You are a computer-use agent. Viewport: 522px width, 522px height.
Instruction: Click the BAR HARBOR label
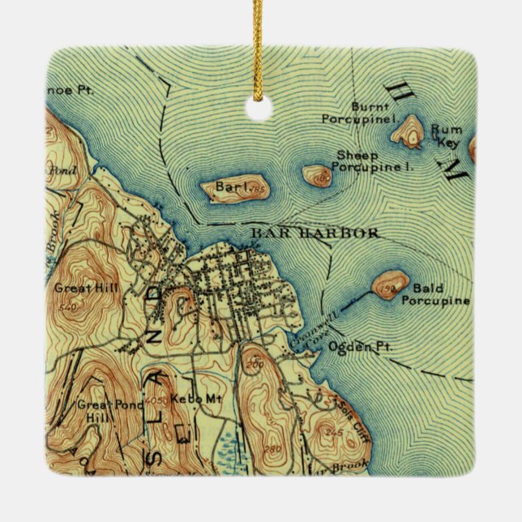314,233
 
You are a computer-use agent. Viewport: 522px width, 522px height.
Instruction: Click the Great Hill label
76,287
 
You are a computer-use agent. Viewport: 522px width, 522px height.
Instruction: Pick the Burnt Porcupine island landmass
409,130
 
